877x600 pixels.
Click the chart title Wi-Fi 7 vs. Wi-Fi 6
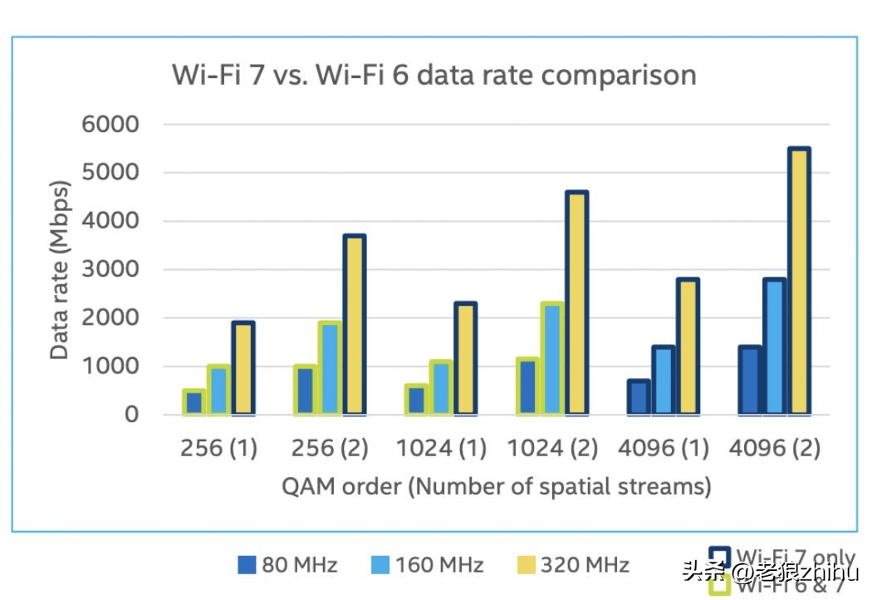pos(434,75)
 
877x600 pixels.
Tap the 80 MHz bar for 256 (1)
pos(194,402)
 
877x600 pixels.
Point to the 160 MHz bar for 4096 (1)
pos(664,381)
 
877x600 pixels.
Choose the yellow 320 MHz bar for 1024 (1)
pos(465,358)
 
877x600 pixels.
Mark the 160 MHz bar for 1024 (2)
pos(551,358)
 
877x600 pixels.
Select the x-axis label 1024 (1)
pos(441,449)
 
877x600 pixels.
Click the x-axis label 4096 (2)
pos(774,449)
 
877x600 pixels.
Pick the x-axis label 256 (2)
pos(330,449)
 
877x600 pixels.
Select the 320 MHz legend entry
pos(585,566)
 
